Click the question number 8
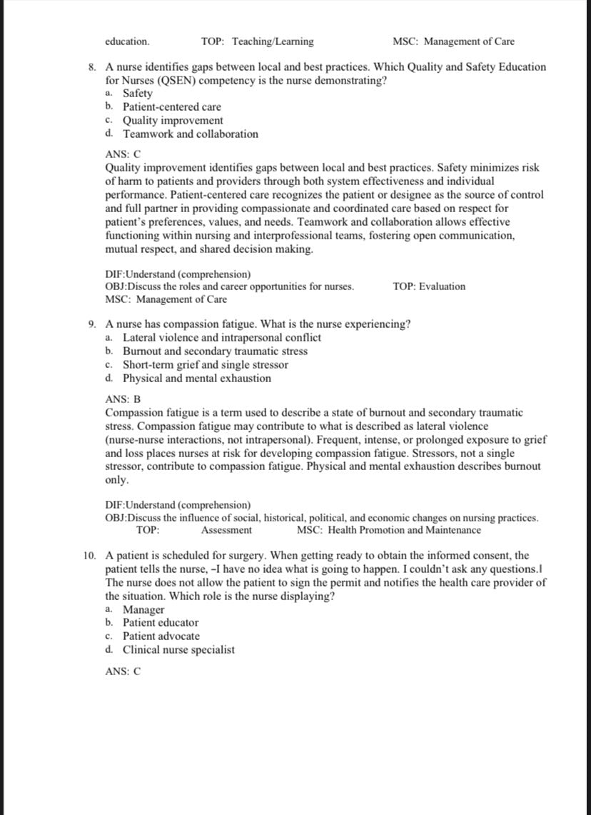click(x=93, y=67)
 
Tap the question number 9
click(x=93, y=324)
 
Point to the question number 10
click(x=89, y=555)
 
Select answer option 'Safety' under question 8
click(x=137, y=94)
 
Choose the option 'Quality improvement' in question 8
click(x=172, y=121)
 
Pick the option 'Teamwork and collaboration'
click(x=190, y=134)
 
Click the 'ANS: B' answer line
click(x=123, y=399)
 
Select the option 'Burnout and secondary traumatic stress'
click(x=215, y=351)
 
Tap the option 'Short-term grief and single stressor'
click(x=205, y=365)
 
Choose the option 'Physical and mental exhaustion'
click(x=196, y=379)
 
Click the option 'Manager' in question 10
click(x=143, y=609)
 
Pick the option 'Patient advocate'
click(x=161, y=636)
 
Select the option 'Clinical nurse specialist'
click(x=178, y=650)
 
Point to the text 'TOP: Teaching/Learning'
click(x=257, y=42)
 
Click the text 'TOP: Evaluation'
click(x=428, y=286)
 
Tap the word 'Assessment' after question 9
click(x=226, y=530)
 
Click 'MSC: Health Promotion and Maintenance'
click(x=388, y=530)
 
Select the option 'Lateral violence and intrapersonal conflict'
click(x=221, y=338)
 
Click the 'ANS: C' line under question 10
click(x=123, y=671)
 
